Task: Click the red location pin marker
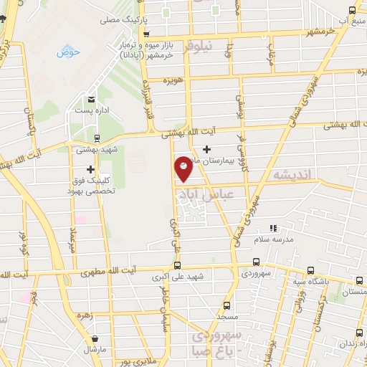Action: [184, 169]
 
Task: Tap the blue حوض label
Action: [68, 52]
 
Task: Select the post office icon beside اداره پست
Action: [91, 100]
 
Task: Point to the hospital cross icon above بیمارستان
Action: [207, 149]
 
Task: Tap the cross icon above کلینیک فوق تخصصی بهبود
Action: [90, 169]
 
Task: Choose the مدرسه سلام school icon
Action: [272, 227]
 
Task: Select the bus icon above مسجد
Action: [227, 304]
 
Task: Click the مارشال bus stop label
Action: [94, 350]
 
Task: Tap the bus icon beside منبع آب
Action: [351, 11]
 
